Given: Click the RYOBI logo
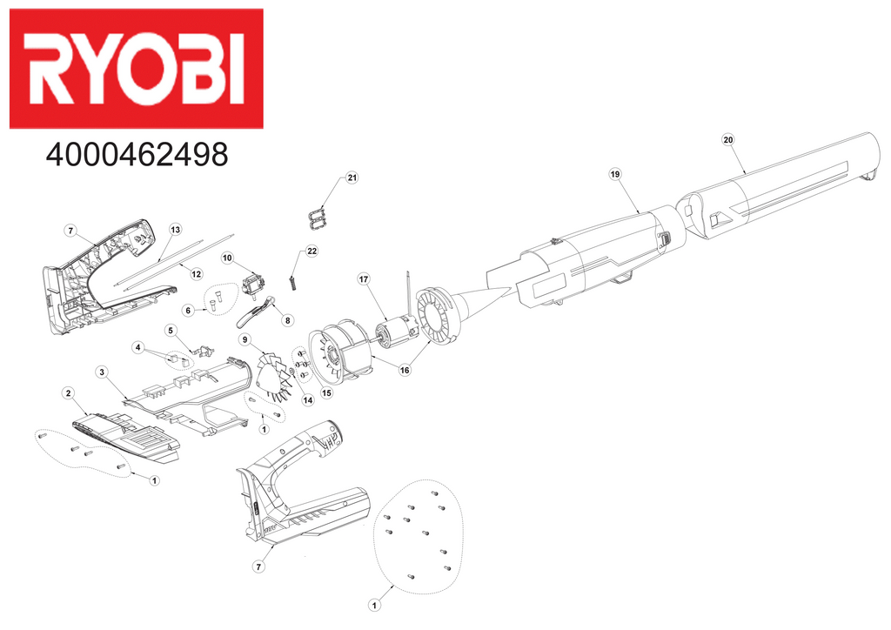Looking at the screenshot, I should click(x=136, y=69).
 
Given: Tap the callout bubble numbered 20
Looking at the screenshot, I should click(x=728, y=139).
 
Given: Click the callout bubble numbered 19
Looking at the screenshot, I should click(x=614, y=174).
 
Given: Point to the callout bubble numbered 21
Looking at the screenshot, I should click(x=352, y=178).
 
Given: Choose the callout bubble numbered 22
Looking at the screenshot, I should click(x=312, y=251).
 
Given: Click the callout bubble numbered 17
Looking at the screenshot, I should click(x=364, y=278).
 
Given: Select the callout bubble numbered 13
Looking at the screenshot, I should click(x=175, y=230).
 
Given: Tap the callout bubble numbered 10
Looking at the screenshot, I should click(x=227, y=258).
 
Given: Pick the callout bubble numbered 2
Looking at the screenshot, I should click(x=67, y=393).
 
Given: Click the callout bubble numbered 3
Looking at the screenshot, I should click(x=102, y=372).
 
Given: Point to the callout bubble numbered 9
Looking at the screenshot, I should click(x=245, y=338).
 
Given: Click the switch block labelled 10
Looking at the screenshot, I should click(x=255, y=284).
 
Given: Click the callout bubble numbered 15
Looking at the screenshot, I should click(x=327, y=392).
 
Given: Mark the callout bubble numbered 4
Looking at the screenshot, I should click(x=137, y=347).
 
